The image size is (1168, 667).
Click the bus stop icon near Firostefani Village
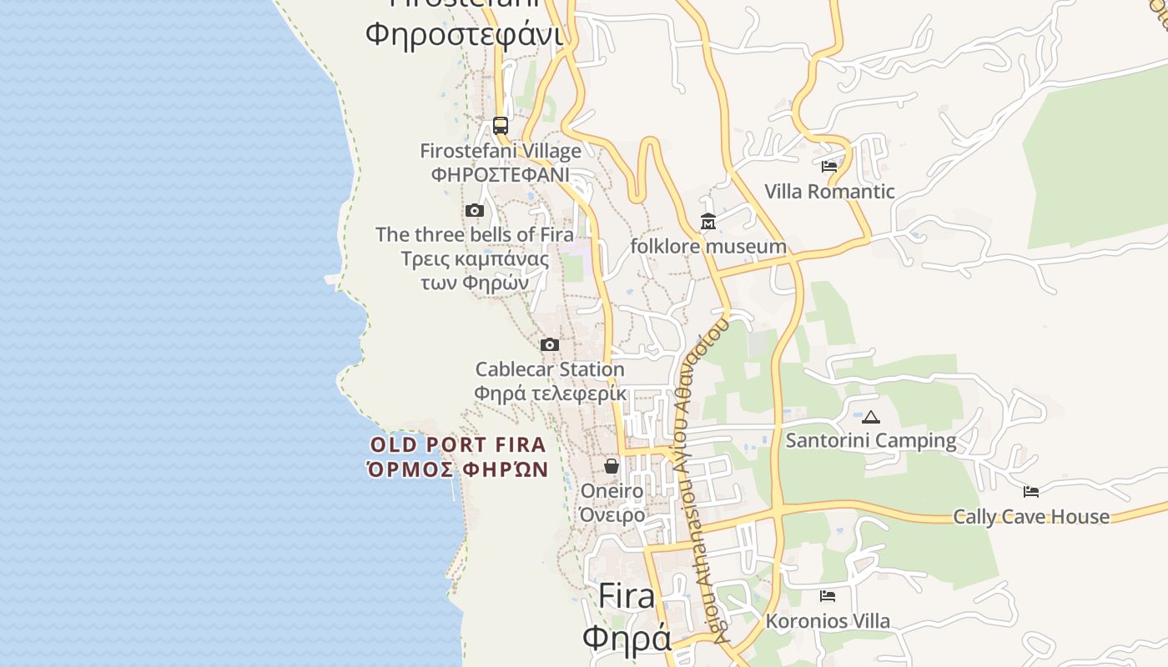[501, 126]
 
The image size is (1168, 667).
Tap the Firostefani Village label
[501, 152]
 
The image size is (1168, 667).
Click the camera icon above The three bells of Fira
[475, 210]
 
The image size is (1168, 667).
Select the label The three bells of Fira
[475, 234]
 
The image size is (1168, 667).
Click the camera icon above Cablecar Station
[549, 344]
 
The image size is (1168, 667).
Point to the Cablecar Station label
[550, 369]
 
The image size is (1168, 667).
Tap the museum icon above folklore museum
[708, 222]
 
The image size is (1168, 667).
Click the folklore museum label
[708, 247]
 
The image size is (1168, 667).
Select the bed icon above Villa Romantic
[829, 167]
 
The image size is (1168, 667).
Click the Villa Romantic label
[829, 192]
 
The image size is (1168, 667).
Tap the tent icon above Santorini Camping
[871, 417]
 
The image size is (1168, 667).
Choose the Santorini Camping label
[871, 440]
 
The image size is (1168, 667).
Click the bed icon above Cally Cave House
[1031, 492]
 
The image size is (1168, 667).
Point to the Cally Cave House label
[1031, 517]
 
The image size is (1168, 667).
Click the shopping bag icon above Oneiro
[612, 465]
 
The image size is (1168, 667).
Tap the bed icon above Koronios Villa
[828, 596]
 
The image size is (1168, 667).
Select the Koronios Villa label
[828, 621]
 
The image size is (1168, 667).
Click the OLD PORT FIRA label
[458, 444]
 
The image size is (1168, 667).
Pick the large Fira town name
[627, 597]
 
